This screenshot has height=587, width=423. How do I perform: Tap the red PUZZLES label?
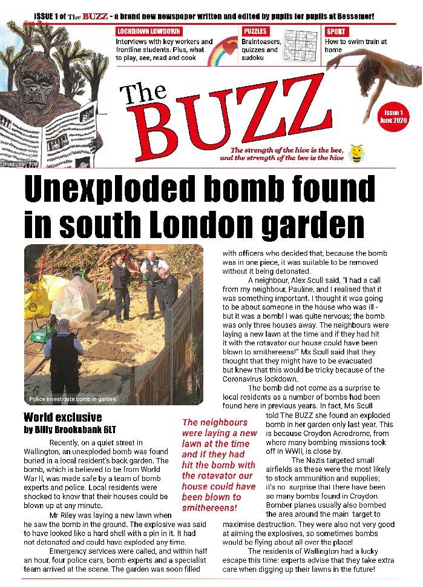click(255, 32)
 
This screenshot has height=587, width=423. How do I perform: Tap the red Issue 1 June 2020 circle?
click(393, 116)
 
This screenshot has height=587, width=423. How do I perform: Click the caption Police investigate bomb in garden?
click(73, 399)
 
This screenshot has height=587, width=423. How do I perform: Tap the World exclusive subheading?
click(63, 417)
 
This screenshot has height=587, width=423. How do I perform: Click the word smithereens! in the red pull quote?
click(210, 507)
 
